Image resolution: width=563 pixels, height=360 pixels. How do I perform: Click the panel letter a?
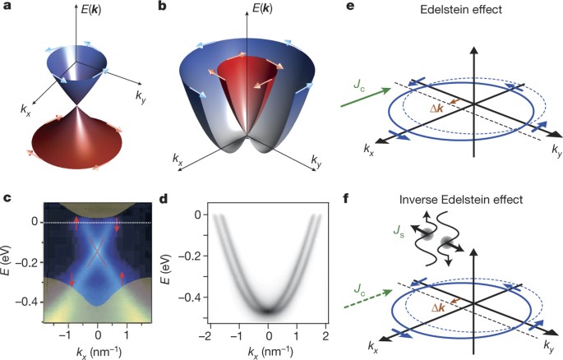click(x=7, y=7)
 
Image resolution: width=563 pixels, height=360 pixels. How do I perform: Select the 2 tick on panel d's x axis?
click(x=325, y=336)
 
